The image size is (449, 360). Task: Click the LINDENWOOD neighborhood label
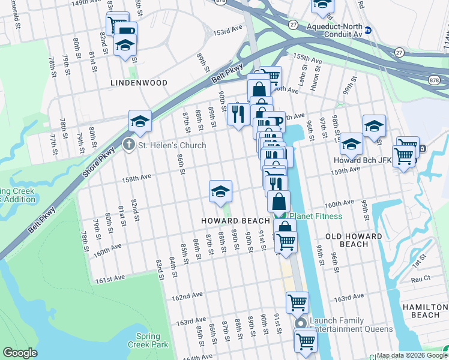coord(138,82)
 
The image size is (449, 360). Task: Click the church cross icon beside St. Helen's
coord(127,145)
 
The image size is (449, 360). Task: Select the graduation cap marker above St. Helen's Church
coord(139,122)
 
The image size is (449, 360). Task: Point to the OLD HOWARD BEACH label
coord(354,240)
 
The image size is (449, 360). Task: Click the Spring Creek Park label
coord(148,340)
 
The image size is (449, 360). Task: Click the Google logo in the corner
coord(20,352)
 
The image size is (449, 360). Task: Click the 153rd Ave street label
coord(229,30)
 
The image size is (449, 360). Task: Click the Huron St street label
coord(315,79)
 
